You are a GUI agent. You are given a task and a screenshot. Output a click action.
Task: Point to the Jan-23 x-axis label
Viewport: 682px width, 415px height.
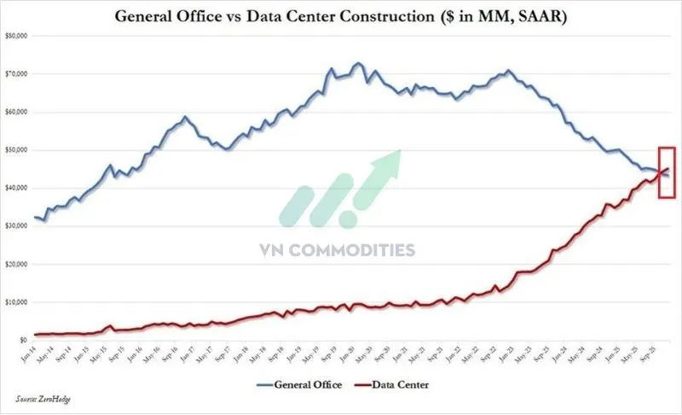[x=502, y=354]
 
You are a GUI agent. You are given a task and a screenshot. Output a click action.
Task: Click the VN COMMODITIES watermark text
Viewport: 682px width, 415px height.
[x=337, y=250]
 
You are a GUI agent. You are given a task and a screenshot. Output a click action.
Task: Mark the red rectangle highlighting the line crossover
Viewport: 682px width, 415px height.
[x=668, y=172]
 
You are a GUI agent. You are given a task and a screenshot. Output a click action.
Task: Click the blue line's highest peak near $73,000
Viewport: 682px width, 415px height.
[x=358, y=63]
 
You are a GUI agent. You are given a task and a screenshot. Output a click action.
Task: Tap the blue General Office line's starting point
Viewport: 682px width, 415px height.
[x=34, y=218]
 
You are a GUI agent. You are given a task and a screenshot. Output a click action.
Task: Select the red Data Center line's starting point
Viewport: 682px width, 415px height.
[x=34, y=335]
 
